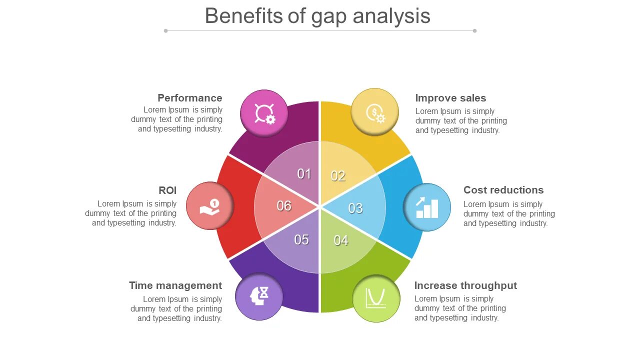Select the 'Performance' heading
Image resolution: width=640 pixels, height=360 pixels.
190,98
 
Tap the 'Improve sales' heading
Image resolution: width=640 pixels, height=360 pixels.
450,98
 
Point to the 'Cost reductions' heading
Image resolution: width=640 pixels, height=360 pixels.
503,190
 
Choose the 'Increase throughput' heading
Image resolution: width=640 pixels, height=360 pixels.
465,285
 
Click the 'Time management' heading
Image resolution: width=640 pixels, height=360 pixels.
175,285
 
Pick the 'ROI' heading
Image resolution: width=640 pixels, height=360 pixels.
167,190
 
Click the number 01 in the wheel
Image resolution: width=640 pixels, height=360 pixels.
304,174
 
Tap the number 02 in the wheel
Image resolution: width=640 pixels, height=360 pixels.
338,176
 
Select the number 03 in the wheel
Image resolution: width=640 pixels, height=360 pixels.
355,208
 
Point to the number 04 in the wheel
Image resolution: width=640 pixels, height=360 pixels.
341,240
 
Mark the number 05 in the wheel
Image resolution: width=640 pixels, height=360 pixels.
301,240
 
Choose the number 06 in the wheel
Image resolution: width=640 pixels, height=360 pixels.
284,206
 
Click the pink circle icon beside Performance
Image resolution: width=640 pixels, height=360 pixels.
264,113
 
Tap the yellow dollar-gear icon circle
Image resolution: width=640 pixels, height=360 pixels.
374,112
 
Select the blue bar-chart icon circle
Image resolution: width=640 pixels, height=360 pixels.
427,207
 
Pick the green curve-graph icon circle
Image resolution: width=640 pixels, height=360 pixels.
376,298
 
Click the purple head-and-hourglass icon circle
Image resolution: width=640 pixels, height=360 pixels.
259,296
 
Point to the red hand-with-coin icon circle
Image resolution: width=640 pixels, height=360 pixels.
210,206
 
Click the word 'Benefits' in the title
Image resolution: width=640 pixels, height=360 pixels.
244,16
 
